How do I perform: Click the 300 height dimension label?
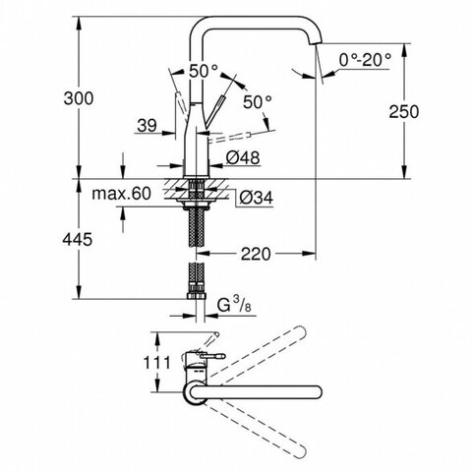(x=79, y=98)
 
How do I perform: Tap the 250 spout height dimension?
(x=404, y=112)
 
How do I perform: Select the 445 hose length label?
(x=78, y=240)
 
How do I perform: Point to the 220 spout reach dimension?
(x=256, y=254)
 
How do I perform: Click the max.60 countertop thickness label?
(x=121, y=194)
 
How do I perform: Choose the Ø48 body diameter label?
(x=243, y=157)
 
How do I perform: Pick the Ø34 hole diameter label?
(x=256, y=198)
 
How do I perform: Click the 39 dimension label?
(x=147, y=126)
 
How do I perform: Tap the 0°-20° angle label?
(x=365, y=60)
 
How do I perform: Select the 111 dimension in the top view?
(x=157, y=363)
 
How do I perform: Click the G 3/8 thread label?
(x=234, y=306)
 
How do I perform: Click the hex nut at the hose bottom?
(x=197, y=295)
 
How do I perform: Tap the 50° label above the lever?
(x=204, y=71)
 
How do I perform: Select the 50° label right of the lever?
(x=258, y=102)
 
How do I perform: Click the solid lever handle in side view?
(x=215, y=111)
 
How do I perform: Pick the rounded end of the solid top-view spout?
(x=317, y=392)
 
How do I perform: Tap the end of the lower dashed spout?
(x=301, y=451)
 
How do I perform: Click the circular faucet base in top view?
(x=195, y=392)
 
